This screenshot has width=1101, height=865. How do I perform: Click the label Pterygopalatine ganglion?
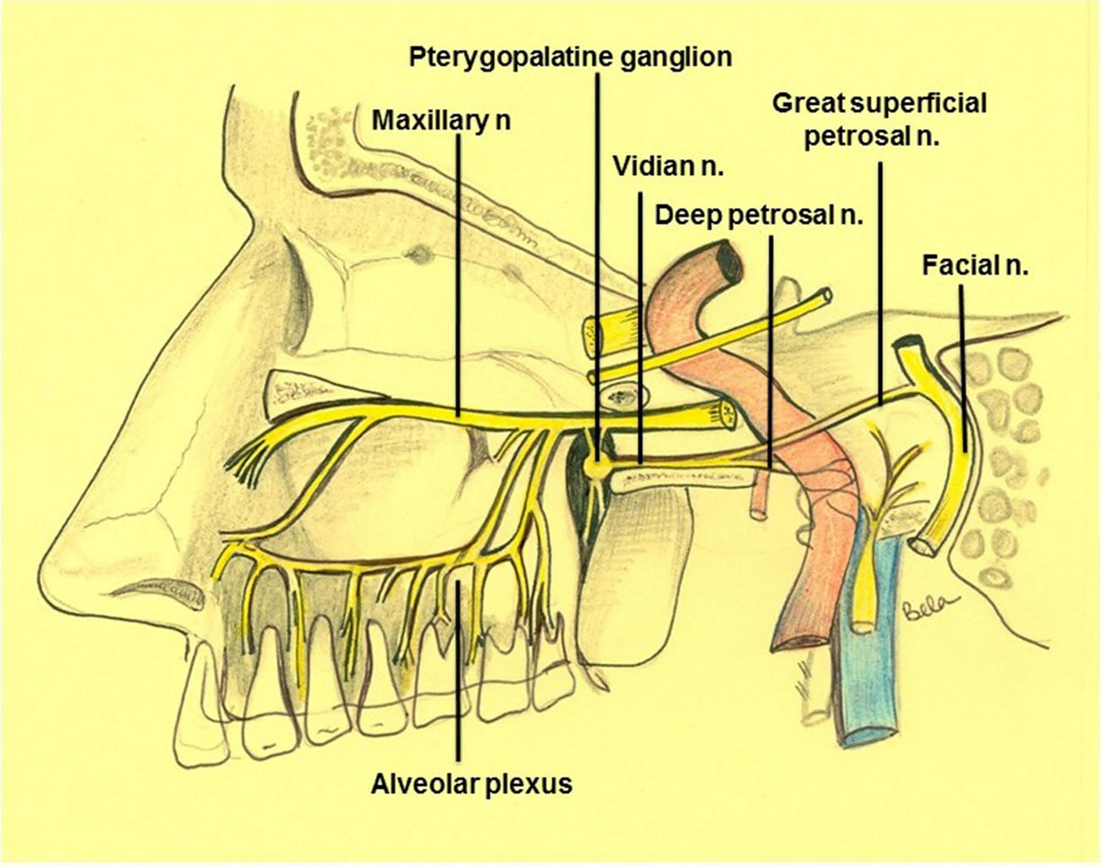coord(570,57)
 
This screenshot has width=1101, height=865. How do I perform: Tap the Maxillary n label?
coord(441,120)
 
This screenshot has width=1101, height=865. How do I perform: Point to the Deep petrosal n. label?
coord(759,216)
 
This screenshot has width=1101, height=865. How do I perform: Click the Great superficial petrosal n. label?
coord(879,119)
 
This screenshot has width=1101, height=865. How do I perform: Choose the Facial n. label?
coord(975,267)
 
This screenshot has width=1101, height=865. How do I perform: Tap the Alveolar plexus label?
coord(471,784)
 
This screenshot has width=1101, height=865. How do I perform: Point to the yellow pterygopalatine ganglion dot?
coord(600,464)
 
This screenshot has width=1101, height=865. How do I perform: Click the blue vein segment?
coord(871,660)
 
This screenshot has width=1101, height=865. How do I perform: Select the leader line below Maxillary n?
coord(457,271)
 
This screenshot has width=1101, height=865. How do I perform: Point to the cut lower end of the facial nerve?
coord(923,543)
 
